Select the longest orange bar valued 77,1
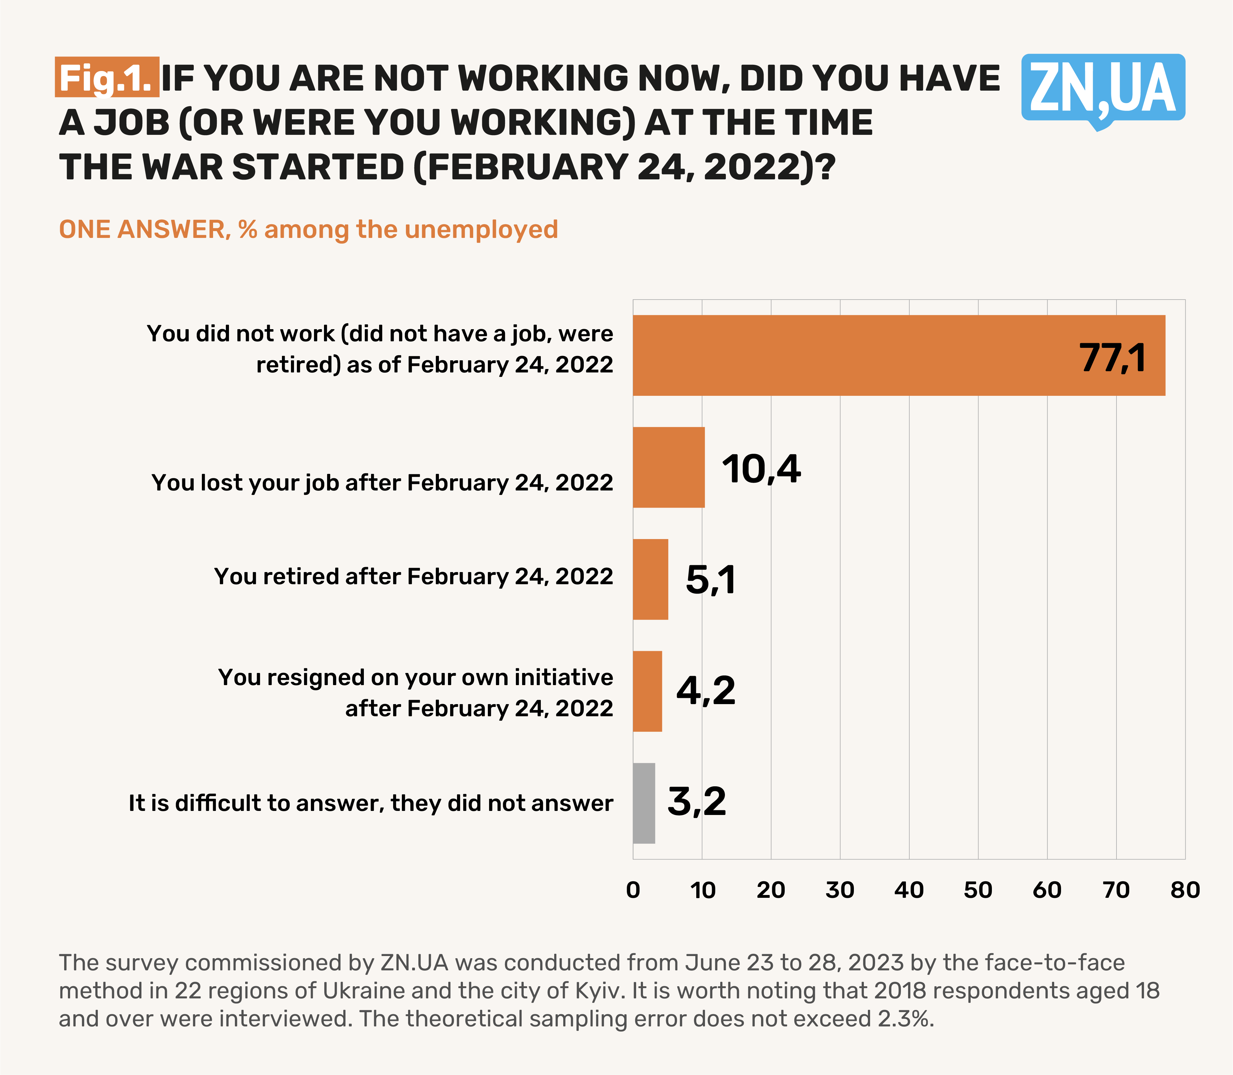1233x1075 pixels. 898,355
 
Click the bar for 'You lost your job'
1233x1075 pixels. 669,467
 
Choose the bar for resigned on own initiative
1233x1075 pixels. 647,691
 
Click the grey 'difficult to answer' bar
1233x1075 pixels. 644,803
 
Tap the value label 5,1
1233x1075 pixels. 710,580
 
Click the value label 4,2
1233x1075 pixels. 706,691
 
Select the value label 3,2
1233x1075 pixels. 697,802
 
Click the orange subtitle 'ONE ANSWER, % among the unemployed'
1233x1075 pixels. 308,230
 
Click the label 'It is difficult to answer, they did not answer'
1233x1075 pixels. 371,803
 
